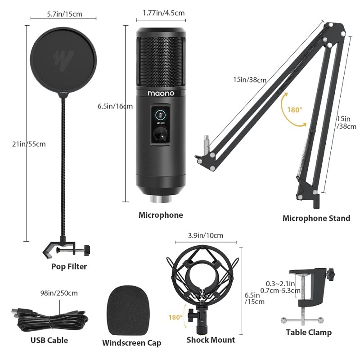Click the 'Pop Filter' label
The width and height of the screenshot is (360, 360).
pyautogui.click(x=69, y=266)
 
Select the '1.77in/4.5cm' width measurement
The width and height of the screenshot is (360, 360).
pyautogui.click(x=161, y=13)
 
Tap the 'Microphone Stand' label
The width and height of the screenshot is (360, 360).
pyautogui.click(x=316, y=218)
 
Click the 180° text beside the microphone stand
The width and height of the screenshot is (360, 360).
pyautogui.click(x=294, y=109)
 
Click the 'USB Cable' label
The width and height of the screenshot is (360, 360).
pyautogui.click(x=49, y=340)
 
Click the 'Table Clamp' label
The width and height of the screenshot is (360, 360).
pyautogui.click(x=309, y=333)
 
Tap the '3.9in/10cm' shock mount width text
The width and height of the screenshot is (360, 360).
pyautogui.click(x=205, y=235)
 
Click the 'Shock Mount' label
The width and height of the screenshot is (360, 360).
pyautogui.click(x=211, y=340)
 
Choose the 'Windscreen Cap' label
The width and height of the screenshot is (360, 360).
pyautogui.click(x=131, y=343)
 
